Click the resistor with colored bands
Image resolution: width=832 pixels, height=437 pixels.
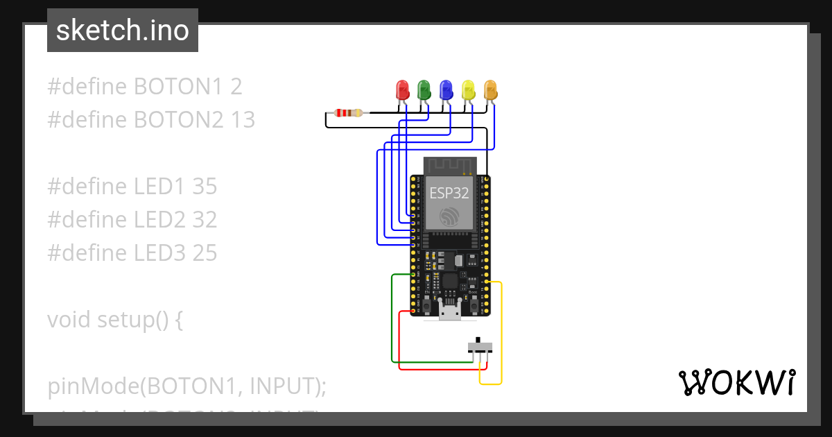point(347,112)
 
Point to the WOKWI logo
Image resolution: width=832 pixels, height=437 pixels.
point(736,382)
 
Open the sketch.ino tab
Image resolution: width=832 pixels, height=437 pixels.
point(123,31)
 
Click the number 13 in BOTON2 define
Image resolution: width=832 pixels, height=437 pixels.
point(243,120)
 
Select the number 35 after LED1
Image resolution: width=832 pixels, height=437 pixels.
point(205,187)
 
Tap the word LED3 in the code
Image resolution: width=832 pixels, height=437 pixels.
point(159,253)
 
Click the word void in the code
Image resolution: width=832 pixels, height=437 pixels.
point(69,320)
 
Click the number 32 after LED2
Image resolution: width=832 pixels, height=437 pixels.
point(205,220)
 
